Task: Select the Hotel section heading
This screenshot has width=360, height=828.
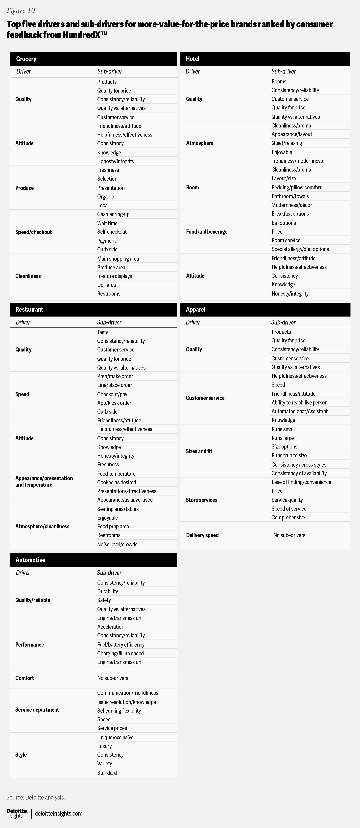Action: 192,59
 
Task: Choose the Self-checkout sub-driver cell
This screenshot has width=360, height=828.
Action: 112,232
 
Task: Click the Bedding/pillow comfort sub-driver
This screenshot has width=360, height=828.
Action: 296,187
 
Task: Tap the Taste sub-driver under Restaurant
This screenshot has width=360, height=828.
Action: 103,332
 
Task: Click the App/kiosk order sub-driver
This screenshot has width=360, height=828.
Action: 114,403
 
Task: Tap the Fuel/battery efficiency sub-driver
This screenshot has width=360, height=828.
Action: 121,644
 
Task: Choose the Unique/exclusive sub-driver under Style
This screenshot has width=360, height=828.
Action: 115,737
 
